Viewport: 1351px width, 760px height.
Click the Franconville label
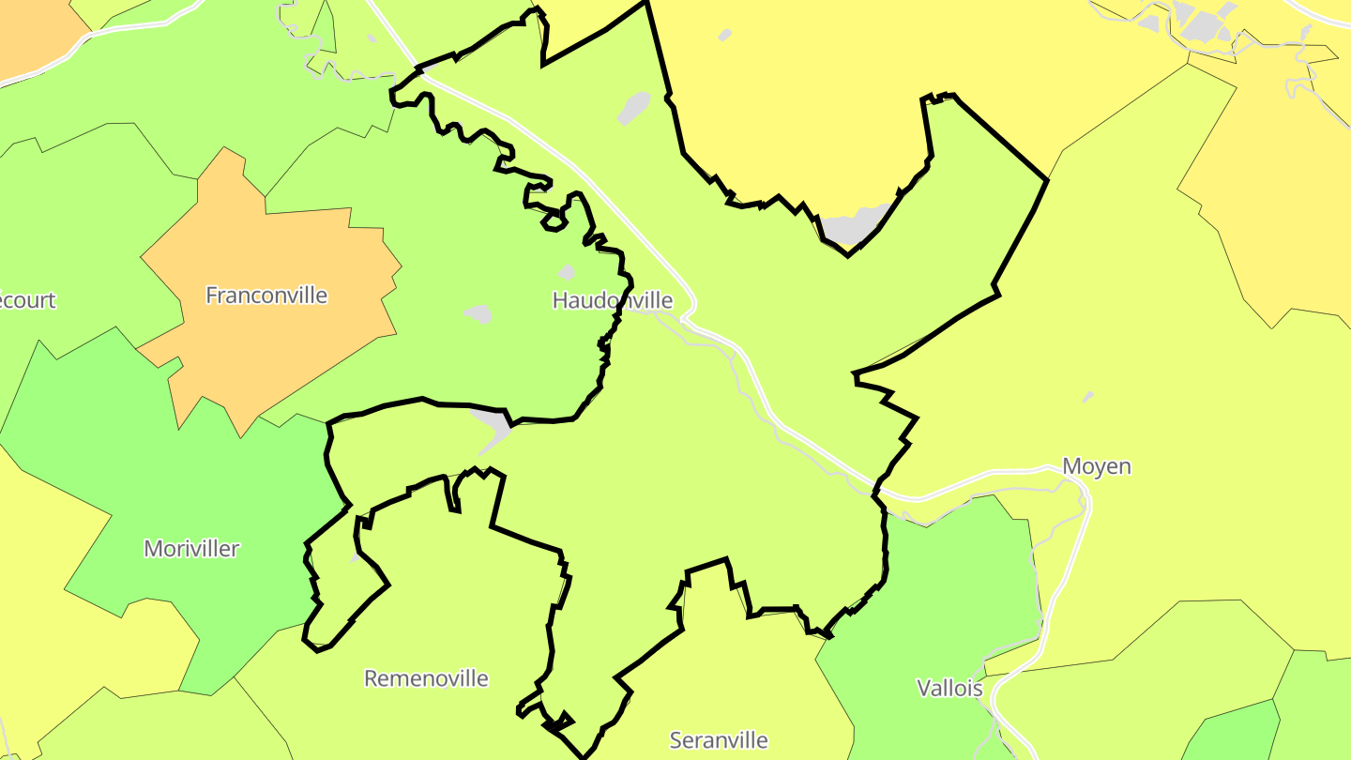(266, 296)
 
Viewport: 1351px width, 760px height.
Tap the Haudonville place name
(612, 300)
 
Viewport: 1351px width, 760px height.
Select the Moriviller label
(191, 548)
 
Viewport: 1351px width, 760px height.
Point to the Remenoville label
(426, 677)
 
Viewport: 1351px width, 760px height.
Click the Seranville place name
(719, 740)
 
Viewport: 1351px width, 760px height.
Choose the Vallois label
(949, 688)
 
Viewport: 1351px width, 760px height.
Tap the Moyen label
(1096, 466)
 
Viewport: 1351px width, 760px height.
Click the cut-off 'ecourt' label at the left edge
(26, 300)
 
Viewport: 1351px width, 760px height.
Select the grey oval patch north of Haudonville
(634, 107)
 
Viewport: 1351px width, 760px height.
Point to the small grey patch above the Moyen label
(1087, 398)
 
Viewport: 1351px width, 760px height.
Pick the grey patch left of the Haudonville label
(478, 313)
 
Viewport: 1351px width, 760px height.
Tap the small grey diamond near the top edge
(724, 36)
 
